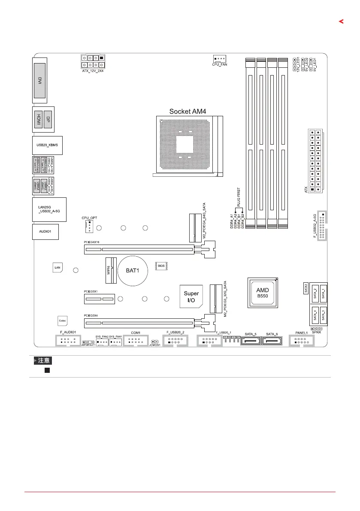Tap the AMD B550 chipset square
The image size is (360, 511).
[263, 293]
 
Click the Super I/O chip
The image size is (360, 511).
[191, 297]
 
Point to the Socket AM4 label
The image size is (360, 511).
[188, 111]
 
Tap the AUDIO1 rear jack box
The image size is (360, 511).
[45, 231]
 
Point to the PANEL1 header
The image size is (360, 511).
[302, 342]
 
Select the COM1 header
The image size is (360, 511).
[136, 342]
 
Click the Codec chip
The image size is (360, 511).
[62, 321]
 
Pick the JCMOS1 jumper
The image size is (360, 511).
[153, 342]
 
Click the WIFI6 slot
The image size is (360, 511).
[111, 271]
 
